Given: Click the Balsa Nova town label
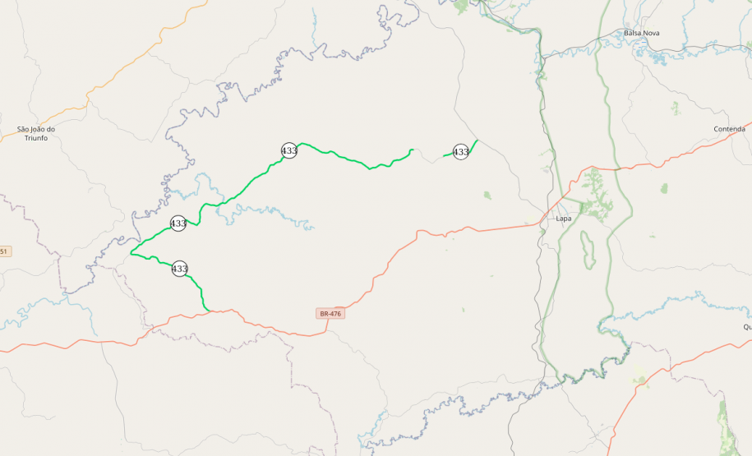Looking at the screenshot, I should point(641,33).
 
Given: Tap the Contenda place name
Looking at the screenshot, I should point(729,129).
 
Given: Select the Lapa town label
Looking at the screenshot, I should point(563,219).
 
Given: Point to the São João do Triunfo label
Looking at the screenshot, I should point(36,133).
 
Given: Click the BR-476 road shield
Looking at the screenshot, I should point(330,314).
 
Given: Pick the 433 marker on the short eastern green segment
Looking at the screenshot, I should point(461,152).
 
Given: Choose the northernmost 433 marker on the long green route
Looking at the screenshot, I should point(289,150).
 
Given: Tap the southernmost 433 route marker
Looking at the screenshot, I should point(180,269).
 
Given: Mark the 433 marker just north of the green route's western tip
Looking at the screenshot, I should point(178,223).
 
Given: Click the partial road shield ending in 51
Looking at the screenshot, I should point(5,251).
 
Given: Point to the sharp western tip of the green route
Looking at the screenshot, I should point(131,252).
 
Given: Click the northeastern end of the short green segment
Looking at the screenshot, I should point(477,140).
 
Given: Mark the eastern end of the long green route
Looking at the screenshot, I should point(411,150).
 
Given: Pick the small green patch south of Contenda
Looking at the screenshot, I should point(663,188).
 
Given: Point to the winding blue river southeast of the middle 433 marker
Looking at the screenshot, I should point(271,215).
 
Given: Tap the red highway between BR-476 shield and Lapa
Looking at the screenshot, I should point(427,233).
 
